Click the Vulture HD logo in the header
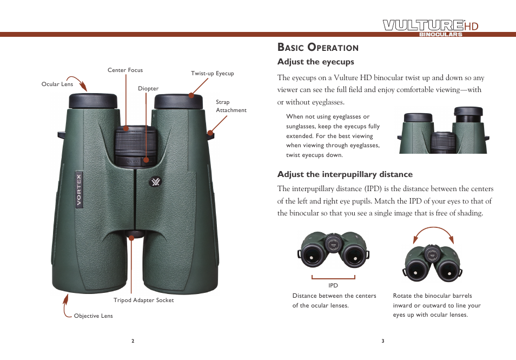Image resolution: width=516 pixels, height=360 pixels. (x=431, y=27)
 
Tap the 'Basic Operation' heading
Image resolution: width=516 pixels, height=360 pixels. (x=317, y=47)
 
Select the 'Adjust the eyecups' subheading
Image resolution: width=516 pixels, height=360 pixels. (x=315, y=62)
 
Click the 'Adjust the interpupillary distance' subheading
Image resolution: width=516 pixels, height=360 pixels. (x=345, y=174)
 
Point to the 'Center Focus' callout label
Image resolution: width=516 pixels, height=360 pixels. (x=125, y=70)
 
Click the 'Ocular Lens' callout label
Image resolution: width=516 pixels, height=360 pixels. (x=57, y=84)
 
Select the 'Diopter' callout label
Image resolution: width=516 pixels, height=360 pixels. (x=148, y=89)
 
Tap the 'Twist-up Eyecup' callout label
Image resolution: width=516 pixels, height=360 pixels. (x=212, y=74)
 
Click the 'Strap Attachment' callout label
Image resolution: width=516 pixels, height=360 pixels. (x=230, y=106)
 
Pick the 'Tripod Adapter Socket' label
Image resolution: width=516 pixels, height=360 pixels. (x=143, y=300)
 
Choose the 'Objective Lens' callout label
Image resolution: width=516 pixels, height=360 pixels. (x=93, y=316)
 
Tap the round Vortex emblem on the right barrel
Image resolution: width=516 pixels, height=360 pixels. (x=155, y=182)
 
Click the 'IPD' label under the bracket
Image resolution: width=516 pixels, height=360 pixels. (x=333, y=285)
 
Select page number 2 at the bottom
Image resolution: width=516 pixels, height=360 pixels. (x=133, y=341)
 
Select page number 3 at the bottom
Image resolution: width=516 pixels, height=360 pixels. (x=382, y=341)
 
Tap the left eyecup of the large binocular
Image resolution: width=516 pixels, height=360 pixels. (x=92, y=101)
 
